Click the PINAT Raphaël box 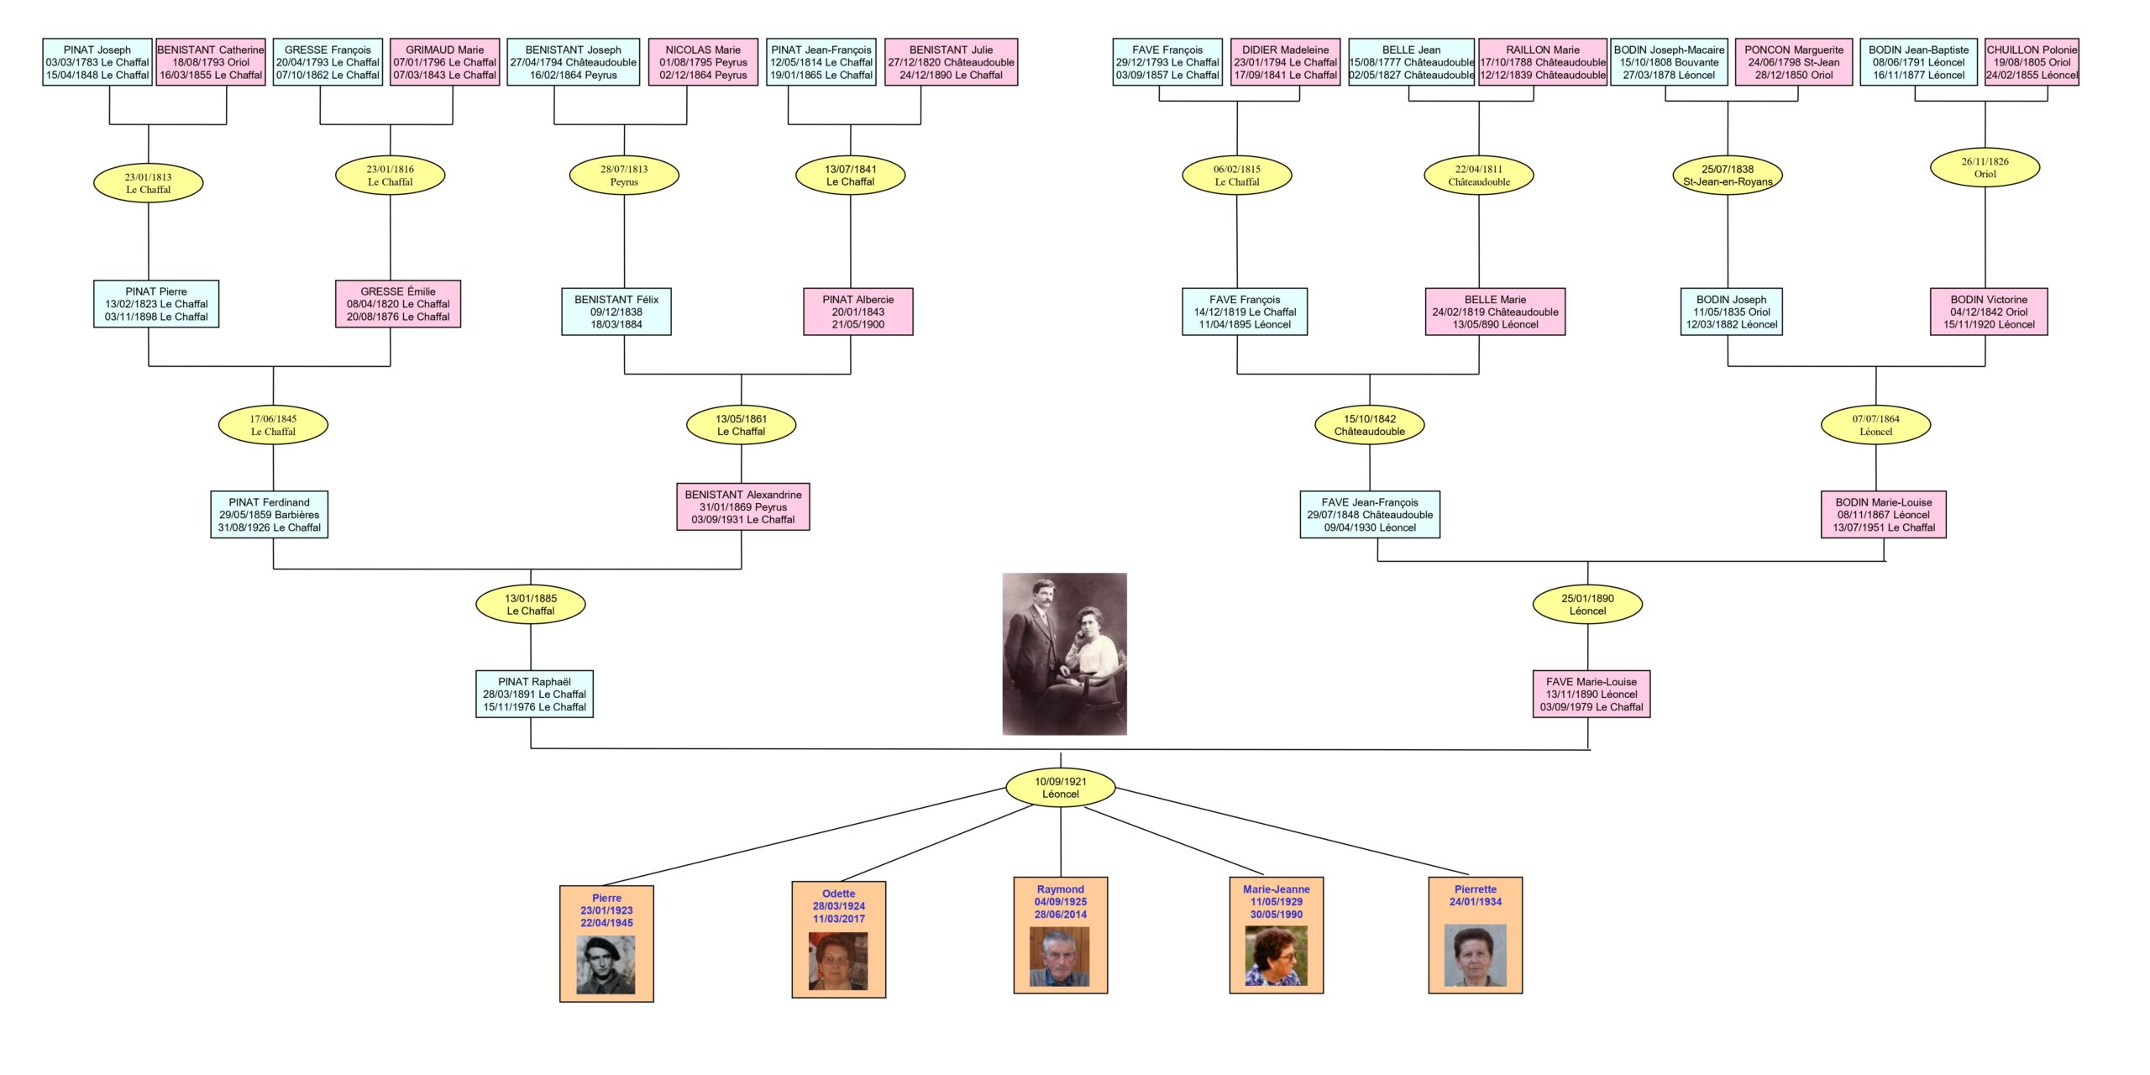tap(534, 694)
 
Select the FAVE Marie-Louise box tap(1591, 694)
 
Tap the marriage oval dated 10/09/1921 tap(1060, 788)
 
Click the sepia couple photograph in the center tap(1064, 653)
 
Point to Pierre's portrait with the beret tap(606, 965)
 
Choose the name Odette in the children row tap(838, 894)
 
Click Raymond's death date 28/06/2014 tap(1060, 915)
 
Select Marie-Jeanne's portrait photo tap(1276, 956)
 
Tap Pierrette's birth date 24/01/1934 tap(1475, 902)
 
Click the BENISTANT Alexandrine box tap(742, 506)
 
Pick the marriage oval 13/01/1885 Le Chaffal tap(530, 605)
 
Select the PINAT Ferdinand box tap(269, 515)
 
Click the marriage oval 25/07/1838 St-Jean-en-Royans tap(1727, 176)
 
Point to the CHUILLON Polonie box tap(2031, 62)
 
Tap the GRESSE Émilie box tap(397, 304)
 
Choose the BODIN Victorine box tap(1988, 312)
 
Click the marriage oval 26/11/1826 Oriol tap(1985, 168)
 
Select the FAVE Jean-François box tap(1369, 515)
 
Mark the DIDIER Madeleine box tap(1285, 62)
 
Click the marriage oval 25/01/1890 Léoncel tap(1586, 605)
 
